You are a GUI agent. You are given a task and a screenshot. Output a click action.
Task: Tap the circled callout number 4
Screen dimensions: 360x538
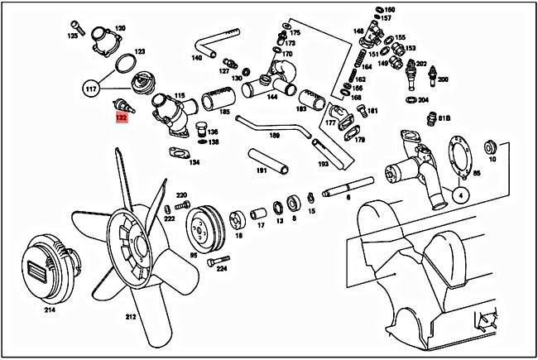click(460, 196)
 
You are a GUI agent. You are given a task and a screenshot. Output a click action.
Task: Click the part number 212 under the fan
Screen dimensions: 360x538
click(131, 316)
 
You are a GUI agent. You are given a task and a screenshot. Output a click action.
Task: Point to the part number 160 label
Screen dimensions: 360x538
click(390, 9)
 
